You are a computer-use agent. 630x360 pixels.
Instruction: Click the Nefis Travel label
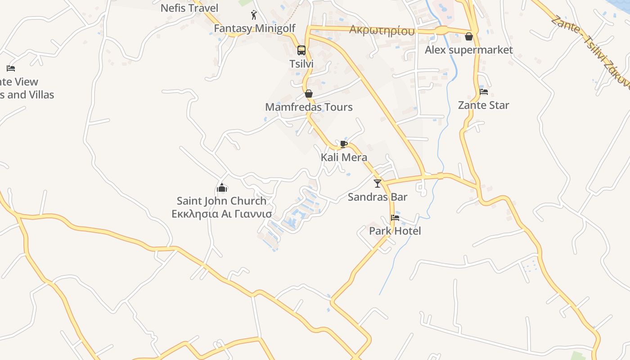click(x=189, y=8)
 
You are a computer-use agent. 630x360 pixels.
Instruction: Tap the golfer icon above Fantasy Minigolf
click(x=254, y=15)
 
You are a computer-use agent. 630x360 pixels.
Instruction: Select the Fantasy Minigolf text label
click(x=255, y=28)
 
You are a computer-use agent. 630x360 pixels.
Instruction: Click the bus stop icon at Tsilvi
click(x=301, y=50)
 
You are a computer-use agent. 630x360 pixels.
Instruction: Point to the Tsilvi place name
click(x=301, y=64)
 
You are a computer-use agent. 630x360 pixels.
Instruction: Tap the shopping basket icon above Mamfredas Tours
click(x=309, y=94)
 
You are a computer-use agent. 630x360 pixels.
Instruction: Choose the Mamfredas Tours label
click(x=309, y=107)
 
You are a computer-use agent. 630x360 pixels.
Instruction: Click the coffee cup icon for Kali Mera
click(x=344, y=144)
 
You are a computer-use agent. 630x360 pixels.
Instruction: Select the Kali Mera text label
click(x=344, y=157)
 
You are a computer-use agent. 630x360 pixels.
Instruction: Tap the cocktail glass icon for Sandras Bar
click(x=378, y=183)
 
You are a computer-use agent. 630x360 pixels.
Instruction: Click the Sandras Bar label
click(x=378, y=197)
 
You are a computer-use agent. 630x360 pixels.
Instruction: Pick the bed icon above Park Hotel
click(x=395, y=218)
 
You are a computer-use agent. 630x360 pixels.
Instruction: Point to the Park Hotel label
click(x=395, y=231)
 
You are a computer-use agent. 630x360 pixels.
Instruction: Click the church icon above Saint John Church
click(x=221, y=188)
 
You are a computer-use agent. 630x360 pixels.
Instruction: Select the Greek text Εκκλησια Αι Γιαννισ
click(x=221, y=214)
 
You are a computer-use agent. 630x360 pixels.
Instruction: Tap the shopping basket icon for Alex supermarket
click(x=469, y=36)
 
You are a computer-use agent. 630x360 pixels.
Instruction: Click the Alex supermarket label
click(x=469, y=50)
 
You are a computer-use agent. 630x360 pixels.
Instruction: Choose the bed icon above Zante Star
click(x=484, y=92)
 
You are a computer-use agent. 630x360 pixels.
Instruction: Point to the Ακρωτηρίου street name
click(x=382, y=31)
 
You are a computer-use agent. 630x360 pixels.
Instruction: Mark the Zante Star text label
click(x=484, y=105)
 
